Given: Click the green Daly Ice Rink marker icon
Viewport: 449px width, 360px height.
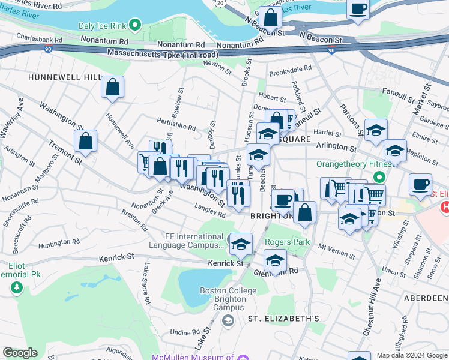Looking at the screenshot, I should (136, 26).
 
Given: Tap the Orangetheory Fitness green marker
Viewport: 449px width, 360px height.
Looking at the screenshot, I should (379, 177).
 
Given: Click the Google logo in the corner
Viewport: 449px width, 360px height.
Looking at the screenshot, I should (20, 353).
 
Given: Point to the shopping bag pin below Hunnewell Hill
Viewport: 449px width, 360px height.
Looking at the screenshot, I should (112, 88).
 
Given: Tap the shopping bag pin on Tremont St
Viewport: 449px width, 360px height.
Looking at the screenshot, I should (86, 142).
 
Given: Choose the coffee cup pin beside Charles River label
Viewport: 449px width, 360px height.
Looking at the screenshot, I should (358, 9).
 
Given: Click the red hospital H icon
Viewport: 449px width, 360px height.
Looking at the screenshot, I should (444, 208).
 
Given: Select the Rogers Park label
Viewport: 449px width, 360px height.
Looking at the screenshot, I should (288, 242).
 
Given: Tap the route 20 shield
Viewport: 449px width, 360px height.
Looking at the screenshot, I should (220, 4).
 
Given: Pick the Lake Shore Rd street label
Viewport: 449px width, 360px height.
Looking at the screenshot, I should (146, 283).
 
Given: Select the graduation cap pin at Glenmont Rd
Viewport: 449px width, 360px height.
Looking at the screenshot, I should (275, 260).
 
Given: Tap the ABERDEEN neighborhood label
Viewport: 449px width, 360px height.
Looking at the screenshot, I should (427, 299).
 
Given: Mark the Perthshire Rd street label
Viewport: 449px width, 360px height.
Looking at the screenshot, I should (176, 128).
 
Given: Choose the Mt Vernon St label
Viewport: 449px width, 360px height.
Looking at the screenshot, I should (334, 247).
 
